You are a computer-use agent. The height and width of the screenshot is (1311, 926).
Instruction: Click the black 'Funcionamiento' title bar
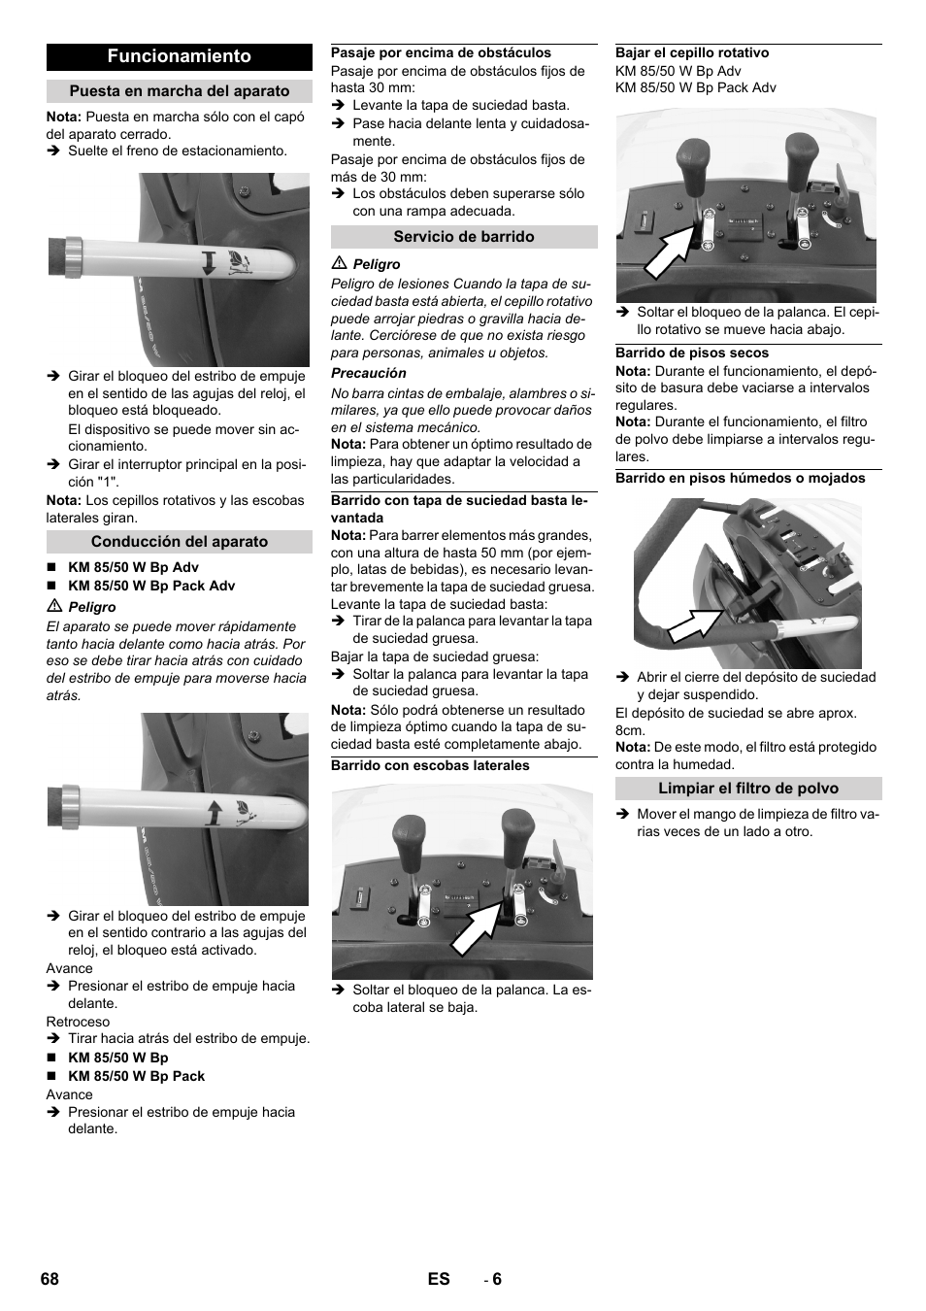pyautogui.click(x=180, y=56)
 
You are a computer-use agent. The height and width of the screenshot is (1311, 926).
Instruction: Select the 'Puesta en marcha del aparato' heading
pyautogui.click(x=180, y=91)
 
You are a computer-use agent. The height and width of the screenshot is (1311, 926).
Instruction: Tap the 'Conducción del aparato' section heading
pyautogui.click(x=180, y=542)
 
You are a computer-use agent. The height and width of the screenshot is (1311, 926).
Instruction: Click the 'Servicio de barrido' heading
pyautogui.click(x=464, y=237)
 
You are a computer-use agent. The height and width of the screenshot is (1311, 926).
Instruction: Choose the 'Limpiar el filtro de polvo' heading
pyautogui.click(x=748, y=789)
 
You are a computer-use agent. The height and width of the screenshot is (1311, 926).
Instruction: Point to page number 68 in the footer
pyautogui.click(x=50, y=1279)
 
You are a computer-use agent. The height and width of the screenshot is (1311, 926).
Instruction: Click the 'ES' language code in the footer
pyautogui.click(x=439, y=1279)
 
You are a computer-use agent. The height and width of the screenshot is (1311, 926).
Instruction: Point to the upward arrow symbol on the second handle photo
pyautogui.click(x=214, y=811)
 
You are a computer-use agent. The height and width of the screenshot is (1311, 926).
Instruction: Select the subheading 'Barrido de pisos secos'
pyautogui.click(x=692, y=353)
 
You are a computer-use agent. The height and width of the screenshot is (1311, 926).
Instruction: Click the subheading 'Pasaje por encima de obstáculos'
pyautogui.click(x=441, y=53)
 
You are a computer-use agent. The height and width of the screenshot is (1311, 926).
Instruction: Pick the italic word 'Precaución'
pyautogui.click(x=369, y=373)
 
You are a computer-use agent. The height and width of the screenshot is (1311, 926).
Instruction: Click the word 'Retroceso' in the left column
pyautogui.click(x=78, y=1022)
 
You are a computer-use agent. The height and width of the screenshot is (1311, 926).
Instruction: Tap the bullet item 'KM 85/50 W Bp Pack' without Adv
pyautogui.click(x=136, y=1076)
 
